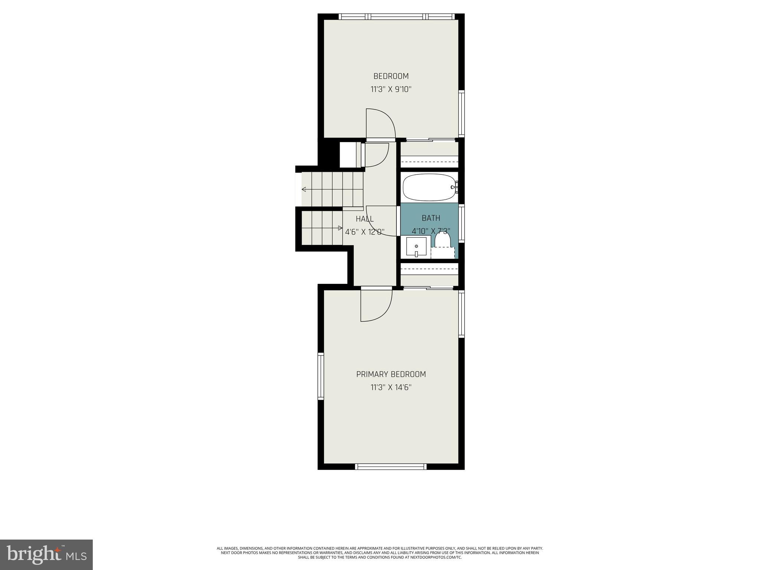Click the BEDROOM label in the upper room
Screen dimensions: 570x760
391,76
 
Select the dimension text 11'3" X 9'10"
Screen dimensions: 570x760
391,89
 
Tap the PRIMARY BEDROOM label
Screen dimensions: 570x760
391,374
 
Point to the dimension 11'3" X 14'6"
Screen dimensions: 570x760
391,387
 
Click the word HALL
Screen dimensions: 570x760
364,219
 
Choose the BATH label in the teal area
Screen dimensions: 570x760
430,218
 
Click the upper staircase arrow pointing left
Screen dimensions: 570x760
304,190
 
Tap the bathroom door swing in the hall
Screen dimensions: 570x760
380,221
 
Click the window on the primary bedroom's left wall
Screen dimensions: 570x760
321,376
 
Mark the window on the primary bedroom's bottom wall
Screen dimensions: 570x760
391,466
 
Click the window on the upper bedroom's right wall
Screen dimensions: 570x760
461,113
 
